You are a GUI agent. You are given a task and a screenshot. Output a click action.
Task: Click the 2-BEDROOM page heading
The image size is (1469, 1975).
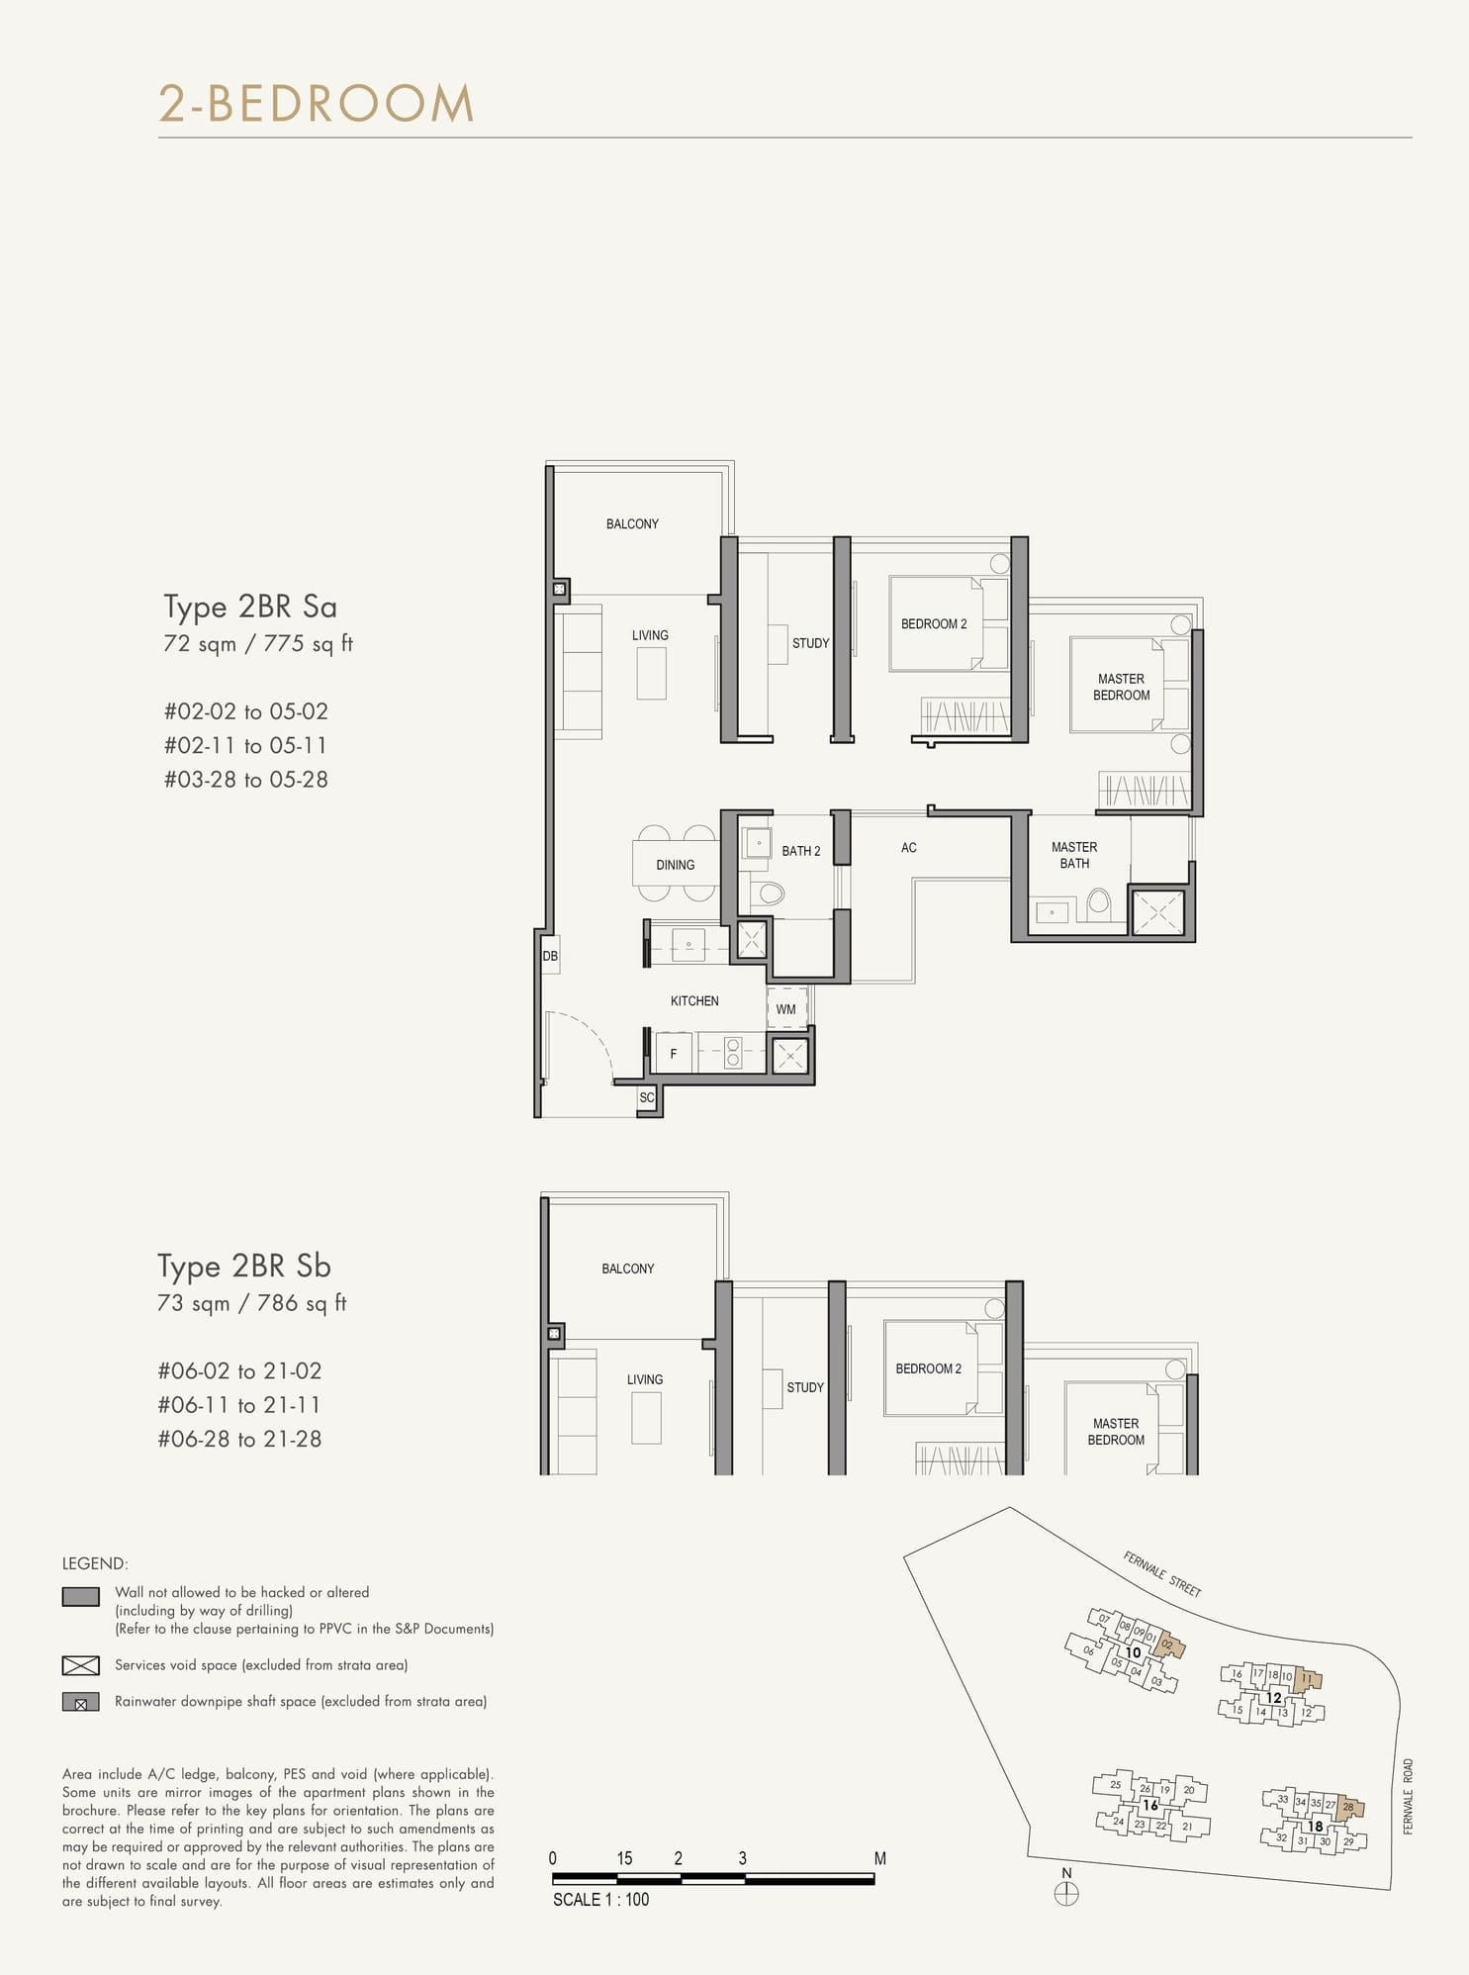pos(317,104)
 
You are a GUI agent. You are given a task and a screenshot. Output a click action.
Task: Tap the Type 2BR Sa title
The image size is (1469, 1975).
pos(250,607)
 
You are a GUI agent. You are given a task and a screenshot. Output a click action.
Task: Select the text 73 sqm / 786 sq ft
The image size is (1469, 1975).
pos(251,1303)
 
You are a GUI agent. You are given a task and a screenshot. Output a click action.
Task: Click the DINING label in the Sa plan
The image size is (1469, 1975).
pos(675,865)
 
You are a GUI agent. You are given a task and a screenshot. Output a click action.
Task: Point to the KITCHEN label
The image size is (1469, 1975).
pos(694,1001)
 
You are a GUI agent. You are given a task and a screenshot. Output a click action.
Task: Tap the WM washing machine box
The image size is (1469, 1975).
pos(786,1008)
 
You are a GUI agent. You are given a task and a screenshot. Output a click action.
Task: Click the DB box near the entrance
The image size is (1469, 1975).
pos(550,956)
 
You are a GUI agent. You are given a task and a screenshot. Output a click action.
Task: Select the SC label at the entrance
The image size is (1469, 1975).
pos(646,1097)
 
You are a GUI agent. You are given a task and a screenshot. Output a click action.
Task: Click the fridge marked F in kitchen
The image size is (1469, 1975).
pos(674,1054)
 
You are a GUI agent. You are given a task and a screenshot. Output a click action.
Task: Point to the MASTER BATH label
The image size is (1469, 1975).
pos(1074,855)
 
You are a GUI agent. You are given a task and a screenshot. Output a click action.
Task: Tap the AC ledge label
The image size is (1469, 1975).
pos(908,848)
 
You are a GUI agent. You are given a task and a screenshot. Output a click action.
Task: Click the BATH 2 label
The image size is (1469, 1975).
pos(800,851)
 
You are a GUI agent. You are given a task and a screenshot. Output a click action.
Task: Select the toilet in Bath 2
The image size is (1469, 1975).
pos(769,893)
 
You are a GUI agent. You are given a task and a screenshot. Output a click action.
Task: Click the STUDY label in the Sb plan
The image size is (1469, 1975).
pos(804,1387)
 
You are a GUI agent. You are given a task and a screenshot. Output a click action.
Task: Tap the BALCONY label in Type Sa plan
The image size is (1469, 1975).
pos(632,524)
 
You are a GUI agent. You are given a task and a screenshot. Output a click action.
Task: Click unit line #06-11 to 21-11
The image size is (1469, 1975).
pos(238,1405)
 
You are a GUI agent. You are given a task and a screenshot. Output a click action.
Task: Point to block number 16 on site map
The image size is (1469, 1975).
pos(1149,1805)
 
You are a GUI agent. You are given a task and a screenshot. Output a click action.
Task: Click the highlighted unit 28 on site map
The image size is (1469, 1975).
pos(1349,1807)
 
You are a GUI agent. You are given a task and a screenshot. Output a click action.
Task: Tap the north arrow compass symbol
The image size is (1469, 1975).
pos(1066,1894)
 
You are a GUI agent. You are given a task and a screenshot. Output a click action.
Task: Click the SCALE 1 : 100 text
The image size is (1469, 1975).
pos(600,1899)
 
